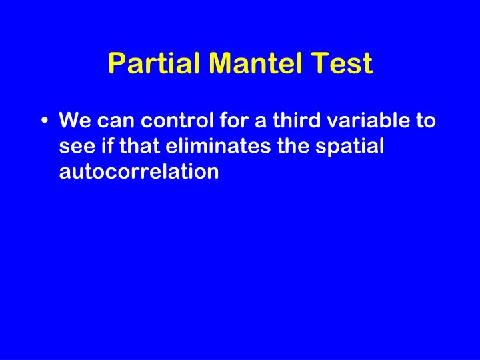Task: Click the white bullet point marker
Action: tap(43, 123)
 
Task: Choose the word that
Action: tap(137, 147)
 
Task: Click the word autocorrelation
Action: tap(139, 171)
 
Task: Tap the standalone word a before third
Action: tap(259, 123)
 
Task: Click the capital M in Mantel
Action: tap(223, 64)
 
